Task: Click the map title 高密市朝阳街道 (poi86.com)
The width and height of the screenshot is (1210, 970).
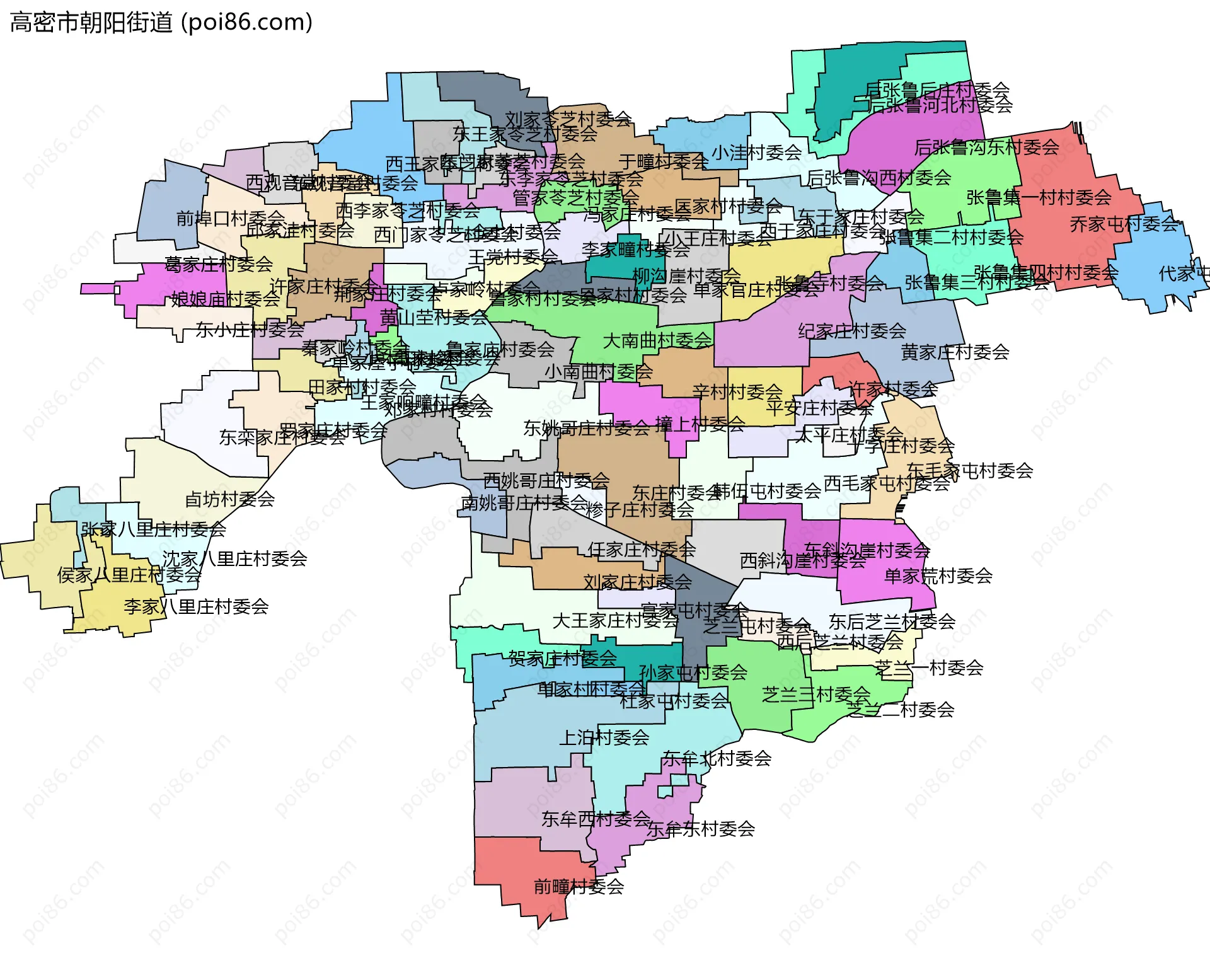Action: pyautogui.click(x=161, y=23)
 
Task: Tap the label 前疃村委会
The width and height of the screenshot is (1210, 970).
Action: pyautogui.click(x=579, y=887)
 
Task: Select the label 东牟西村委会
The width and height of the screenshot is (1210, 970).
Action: pyautogui.click(x=596, y=819)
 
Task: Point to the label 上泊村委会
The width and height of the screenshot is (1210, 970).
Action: pyautogui.click(x=604, y=737)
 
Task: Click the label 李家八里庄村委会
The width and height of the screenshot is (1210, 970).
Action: pyautogui.click(x=196, y=606)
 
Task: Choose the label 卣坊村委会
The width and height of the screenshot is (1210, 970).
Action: pyautogui.click(x=229, y=499)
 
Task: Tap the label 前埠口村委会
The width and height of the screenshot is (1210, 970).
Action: pyautogui.click(x=230, y=218)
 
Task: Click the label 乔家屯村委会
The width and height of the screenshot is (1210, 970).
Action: pyautogui.click(x=1124, y=224)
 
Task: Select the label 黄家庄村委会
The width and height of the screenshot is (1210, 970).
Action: pyautogui.click(x=955, y=352)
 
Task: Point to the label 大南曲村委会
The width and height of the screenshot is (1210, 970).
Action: pyautogui.click(x=657, y=340)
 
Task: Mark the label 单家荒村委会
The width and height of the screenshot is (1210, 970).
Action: pyautogui.click(x=938, y=575)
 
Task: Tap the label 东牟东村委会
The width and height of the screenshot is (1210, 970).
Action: pyautogui.click(x=701, y=829)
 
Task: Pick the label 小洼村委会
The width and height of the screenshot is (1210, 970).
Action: pyautogui.click(x=756, y=152)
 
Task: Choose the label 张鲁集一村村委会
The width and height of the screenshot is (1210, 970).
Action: pyautogui.click(x=1039, y=197)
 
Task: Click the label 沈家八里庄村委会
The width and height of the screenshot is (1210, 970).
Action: pyautogui.click(x=234, y=558)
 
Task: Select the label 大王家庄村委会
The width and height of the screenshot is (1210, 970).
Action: pyautogui.click(x=615, y=621)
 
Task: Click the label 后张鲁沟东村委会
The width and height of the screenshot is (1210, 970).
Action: pyautogui.click(x=986, y=147)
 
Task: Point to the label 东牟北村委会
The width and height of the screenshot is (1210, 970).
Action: pyautogui.click(x=717, y=758)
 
